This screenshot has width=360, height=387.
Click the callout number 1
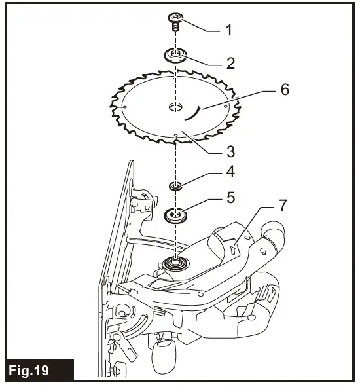[228, 31]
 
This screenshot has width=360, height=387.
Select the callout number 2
[230, 64]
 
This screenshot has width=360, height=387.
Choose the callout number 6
[285, 90]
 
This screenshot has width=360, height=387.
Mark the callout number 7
[282, 205]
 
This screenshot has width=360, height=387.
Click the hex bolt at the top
[175, 20]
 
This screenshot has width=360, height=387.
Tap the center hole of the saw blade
[175, 107]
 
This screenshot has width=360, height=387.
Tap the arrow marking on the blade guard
[234, 248]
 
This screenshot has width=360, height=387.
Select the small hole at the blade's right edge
[226, 105]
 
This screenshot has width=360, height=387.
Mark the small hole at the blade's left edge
[124, 107]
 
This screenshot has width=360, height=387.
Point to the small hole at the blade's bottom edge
[176, 136]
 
